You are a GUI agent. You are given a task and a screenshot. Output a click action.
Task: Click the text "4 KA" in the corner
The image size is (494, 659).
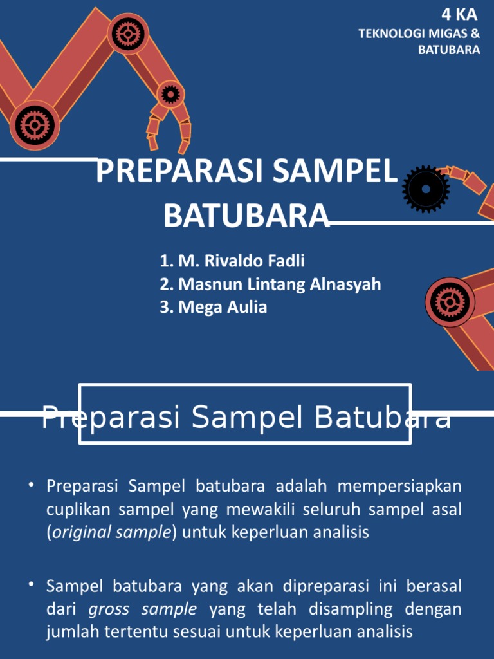point(459,15)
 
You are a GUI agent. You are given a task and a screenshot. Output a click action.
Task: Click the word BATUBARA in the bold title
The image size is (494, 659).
point(246,216)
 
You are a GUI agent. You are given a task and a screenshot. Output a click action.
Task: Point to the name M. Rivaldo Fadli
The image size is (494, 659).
point(232,261)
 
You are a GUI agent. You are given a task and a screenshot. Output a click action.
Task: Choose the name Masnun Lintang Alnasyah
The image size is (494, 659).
point(270,284)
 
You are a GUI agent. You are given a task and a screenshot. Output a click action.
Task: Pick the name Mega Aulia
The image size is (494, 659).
point(214,307)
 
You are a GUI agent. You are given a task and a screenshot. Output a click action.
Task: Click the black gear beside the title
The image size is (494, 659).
point(426,189)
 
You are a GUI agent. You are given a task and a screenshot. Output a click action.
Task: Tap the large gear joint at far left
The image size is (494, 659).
point(34,124)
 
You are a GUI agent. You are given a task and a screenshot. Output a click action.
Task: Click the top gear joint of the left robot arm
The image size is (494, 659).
point(128,33)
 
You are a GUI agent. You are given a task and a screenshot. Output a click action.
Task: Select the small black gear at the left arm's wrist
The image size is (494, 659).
point(170,95)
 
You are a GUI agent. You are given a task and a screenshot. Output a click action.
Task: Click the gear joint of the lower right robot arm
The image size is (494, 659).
point(449,301)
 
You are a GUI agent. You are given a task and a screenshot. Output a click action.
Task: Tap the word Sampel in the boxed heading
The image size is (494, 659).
point(246,418)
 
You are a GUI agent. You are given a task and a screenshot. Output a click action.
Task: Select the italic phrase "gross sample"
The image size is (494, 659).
point(142,609)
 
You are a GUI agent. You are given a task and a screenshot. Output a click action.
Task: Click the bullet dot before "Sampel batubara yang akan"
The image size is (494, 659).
point(31,584)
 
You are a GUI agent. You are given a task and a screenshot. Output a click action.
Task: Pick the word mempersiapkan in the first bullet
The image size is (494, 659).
point(399,485)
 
